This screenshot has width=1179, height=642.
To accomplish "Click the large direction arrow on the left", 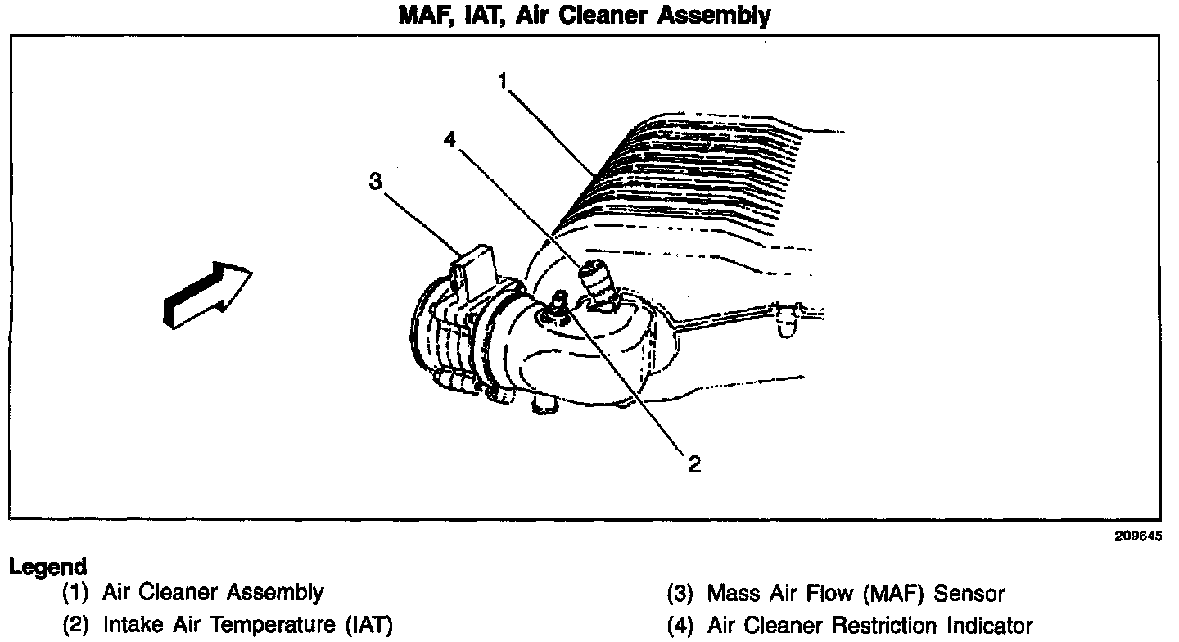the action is (207, 295).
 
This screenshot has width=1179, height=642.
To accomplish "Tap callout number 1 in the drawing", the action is (505, 80).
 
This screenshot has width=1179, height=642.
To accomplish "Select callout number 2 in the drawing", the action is (694, 464).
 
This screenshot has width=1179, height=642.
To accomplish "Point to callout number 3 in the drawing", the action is (376, 182).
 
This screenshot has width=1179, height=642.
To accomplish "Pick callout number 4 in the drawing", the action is (449, 139).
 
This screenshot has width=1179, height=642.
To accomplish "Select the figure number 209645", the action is (1137, 537).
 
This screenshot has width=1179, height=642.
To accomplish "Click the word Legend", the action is (47, 567).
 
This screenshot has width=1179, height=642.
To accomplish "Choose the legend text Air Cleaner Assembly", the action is (213, 592).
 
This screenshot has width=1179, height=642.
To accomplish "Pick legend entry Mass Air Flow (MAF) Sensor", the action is (856, 592).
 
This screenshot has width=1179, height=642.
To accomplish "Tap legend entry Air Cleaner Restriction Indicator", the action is (870, 626).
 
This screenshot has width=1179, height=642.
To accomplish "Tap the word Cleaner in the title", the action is (607, 15).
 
